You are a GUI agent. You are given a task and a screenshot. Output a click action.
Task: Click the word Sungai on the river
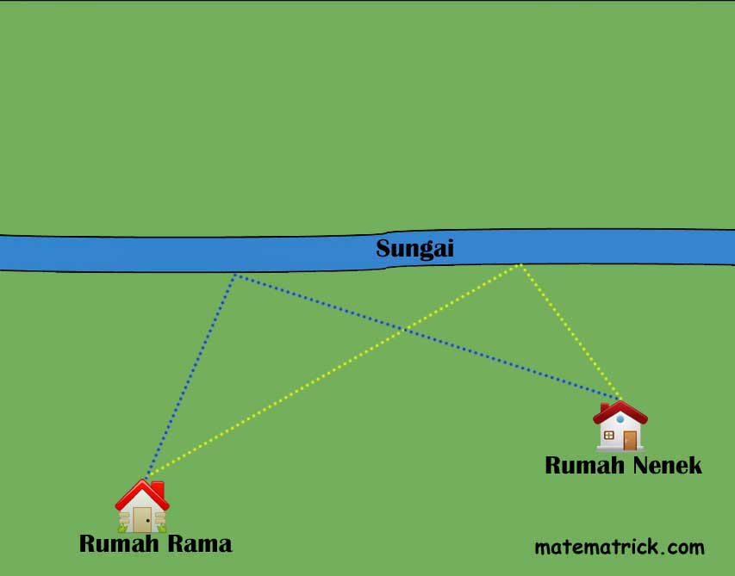pyautogui.click(x=414, y=250)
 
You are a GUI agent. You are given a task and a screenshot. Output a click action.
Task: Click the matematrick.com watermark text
pyautogui.click(x=619, y=547)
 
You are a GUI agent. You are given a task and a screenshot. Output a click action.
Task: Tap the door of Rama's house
pyautogui.click(x=141, y=520)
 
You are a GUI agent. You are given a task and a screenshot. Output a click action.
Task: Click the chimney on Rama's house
pyautogui.click(x=158, y=490)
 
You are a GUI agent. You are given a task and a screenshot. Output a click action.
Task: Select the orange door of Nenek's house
pyautogui.click(x=630, y=440)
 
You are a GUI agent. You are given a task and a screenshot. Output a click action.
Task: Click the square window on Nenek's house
pyautogui.click(x=609, y=436)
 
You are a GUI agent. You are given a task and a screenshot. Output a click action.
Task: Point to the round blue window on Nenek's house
pyautogui.click(x=620, y=418)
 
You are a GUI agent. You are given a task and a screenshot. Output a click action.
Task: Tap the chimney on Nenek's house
pyautogui.click(x=605, y=406)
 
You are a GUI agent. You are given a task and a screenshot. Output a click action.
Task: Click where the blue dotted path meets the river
pyautogui.click(x=234, y=274)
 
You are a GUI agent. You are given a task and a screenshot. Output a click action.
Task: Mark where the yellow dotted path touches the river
pyautogui.click(x=520, y=264)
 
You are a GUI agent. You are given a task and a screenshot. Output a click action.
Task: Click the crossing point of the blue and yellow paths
pyautogui.click(x=402, y=328)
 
